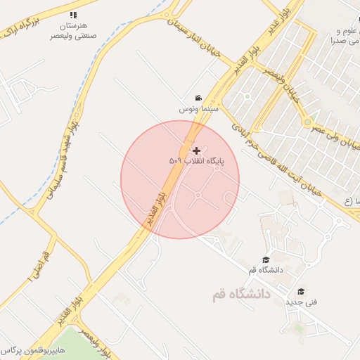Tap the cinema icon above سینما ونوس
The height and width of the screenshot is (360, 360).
(199, 98)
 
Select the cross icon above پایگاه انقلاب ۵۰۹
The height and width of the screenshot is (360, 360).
(196, 150)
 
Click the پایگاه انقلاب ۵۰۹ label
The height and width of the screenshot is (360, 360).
(196, 161)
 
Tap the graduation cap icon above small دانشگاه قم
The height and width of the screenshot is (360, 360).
(266, 259)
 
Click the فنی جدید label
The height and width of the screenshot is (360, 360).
(301, 302)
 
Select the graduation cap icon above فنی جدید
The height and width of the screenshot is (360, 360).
(301, 291)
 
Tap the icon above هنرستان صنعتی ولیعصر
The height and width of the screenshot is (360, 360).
(73, 14)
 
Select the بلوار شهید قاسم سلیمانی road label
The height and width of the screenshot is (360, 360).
(60, 160)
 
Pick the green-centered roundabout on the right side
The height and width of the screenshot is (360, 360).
(307, 122)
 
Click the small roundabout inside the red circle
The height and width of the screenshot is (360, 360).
(198, 195)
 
